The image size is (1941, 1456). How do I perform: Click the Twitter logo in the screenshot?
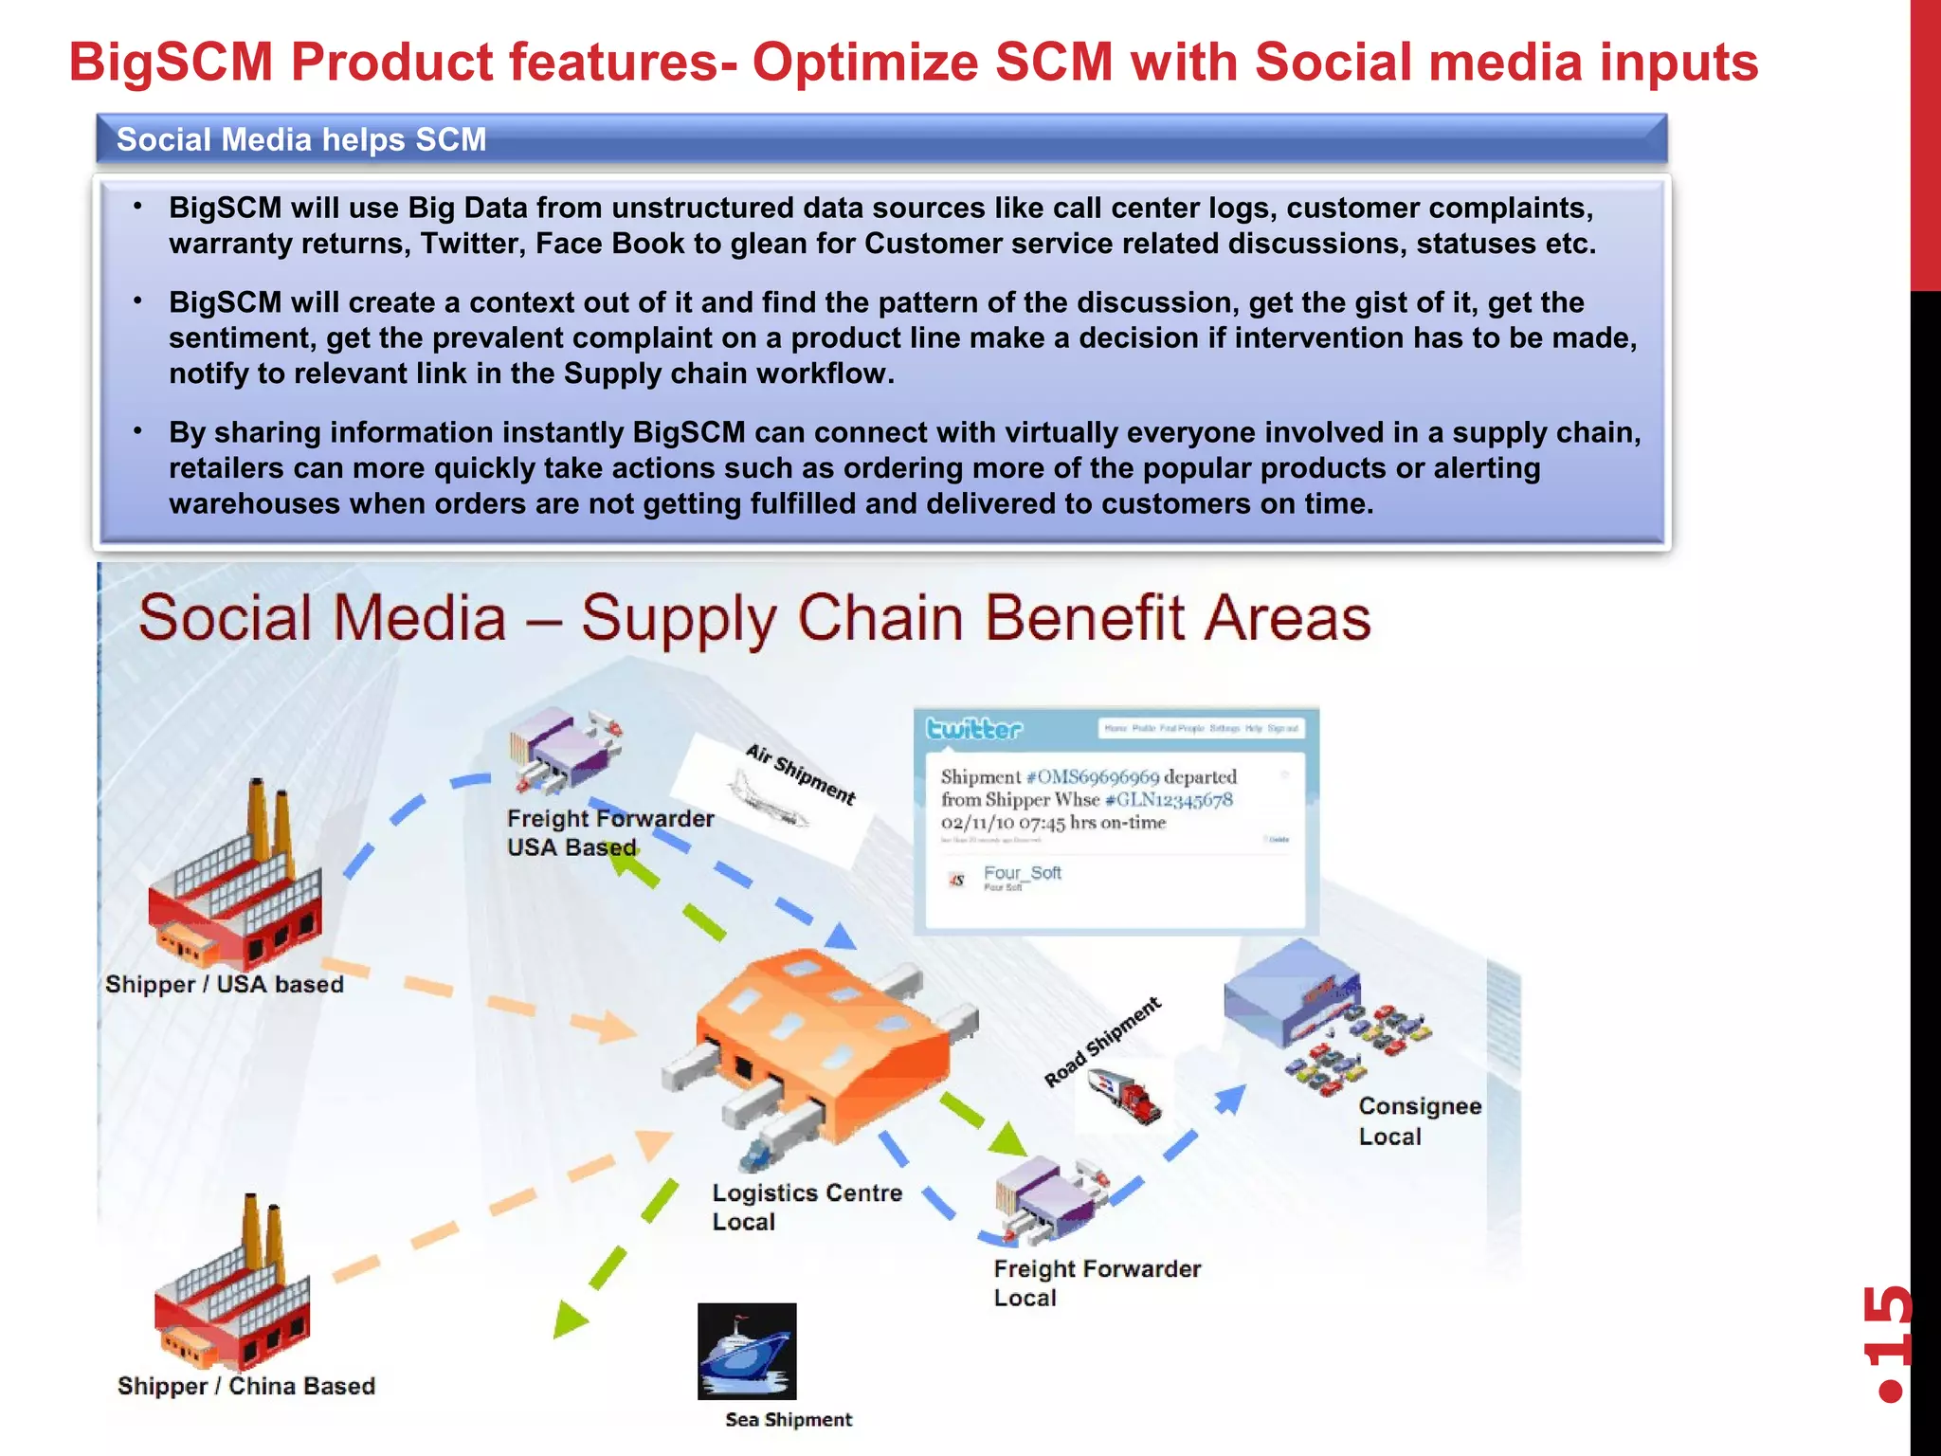pos(974,728)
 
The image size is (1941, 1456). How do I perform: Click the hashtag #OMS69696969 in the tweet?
pos(1093,776)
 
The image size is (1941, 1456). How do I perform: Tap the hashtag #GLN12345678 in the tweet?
pos(1169,799)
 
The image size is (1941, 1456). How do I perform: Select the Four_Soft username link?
pos(1022,872)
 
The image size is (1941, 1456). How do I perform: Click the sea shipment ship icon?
pos(747,1351)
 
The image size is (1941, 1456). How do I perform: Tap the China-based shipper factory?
pos(232,1289)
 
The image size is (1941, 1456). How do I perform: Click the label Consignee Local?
pos(1419,1120)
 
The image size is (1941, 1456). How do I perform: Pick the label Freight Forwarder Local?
pos(1096,1283)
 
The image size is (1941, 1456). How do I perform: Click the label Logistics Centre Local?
pos(806,1207)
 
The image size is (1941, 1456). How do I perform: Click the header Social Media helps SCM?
pos(301,139)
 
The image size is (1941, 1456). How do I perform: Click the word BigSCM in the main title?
pos(171,63)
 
